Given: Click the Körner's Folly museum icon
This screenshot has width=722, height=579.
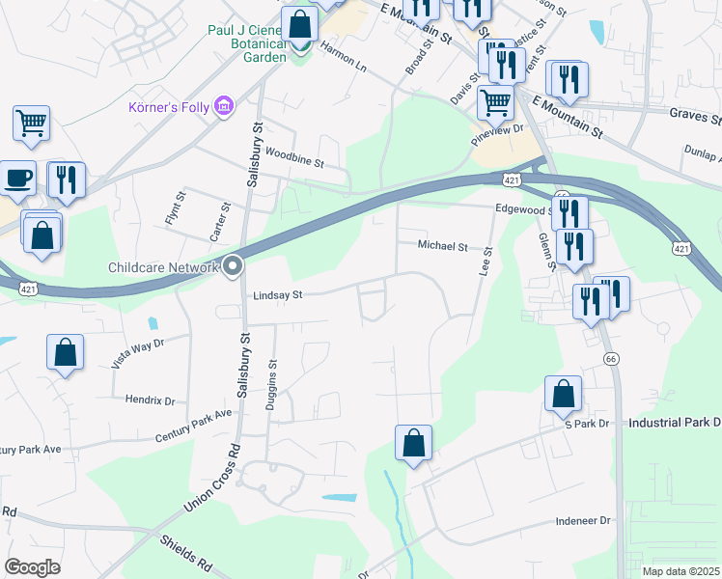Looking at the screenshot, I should click(224, 105).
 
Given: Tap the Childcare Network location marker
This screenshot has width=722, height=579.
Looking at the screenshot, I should click(233, 267).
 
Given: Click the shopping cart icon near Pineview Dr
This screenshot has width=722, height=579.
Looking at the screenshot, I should click(495, 101).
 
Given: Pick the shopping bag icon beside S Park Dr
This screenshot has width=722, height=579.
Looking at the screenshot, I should click(564, 394).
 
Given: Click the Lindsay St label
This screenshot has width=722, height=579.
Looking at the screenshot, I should click(277, 295).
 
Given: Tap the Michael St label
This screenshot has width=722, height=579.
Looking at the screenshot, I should click(442, 246).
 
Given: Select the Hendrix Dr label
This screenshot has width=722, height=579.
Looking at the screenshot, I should click(150, 400).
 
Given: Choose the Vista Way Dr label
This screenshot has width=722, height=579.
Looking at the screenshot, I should click(138, 353).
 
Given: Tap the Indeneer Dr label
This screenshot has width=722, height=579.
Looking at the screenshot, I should click(584, 520).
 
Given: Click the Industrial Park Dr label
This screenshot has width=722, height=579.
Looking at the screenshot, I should click(674, 423).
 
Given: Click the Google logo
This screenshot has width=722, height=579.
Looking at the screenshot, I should click(32, 567).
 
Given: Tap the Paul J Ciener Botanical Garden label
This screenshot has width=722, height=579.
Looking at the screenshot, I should click(247, 43).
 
